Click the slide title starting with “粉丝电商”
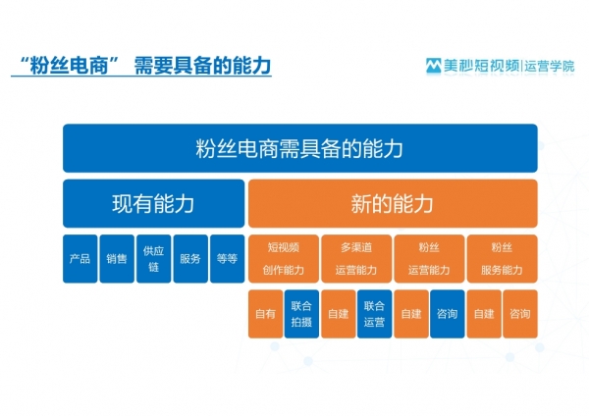(145, 66)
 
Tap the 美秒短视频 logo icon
(433, 66)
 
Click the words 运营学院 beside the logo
(550, 66)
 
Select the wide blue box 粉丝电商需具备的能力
(300, 148)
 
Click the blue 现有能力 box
(154, 203)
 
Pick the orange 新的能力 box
(393, 203)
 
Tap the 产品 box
(80, 259)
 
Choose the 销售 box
(117, 259)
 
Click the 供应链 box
(154, 259)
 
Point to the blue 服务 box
(190, 259)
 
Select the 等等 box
(228, 259)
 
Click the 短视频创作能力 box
(284, 259)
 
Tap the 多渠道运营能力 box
(356, 259)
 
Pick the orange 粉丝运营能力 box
(429, 259)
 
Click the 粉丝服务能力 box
(503, 259)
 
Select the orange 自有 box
(266, 314)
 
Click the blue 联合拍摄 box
(301, 314)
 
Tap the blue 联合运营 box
(375, 314)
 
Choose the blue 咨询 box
(448, 314)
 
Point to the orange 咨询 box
(520, 314)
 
